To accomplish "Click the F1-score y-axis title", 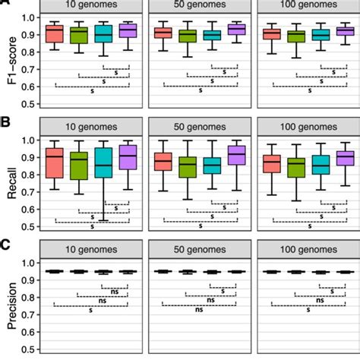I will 11,58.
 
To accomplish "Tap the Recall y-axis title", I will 11,182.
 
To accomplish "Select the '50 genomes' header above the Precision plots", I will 201,248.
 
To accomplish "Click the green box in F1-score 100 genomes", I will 296,36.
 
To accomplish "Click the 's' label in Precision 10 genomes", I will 90,310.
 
